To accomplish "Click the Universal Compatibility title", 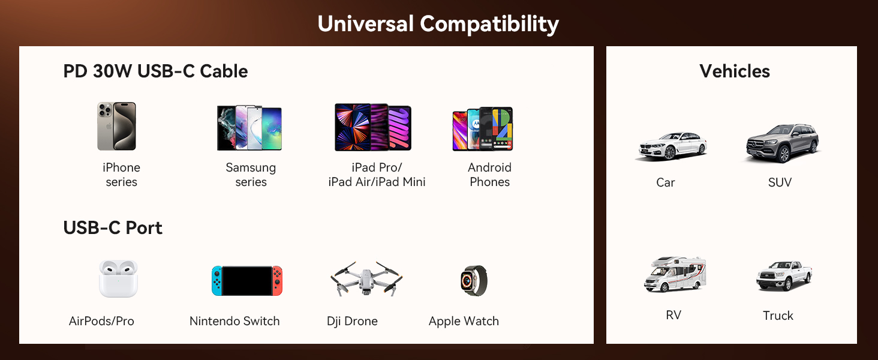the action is coord(438,24).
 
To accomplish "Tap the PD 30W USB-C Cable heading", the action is coord(155,71).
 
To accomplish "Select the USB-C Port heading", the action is coord(113,228).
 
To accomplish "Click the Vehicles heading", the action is coord(735,71).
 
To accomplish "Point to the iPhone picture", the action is coord(116,126).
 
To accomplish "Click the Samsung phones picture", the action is coord(249,128).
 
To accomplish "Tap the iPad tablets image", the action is coord(373,127).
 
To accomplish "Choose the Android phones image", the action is coord(483,128).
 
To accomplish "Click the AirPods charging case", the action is coord(118,279).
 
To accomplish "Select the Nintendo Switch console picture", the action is coord(247,281).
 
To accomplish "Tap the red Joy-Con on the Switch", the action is coord(277,281).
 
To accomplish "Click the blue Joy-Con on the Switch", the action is coord(217,281).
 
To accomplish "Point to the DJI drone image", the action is coord(366,279).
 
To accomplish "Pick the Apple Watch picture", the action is coord(474,280).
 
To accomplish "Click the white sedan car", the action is coord(672,146).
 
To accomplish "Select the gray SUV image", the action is coord(783,143).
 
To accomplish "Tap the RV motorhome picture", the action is coord(675,274).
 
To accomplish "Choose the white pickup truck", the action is coord(784,275).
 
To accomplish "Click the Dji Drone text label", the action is coord(353,321).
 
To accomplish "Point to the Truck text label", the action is coord(778,315).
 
